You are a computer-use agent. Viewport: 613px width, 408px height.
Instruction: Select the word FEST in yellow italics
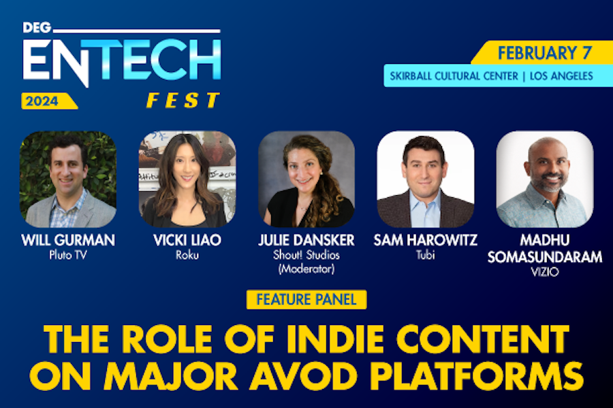click(x=183, y=101)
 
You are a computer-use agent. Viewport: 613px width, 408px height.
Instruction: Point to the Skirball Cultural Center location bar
click(x=489, y=75)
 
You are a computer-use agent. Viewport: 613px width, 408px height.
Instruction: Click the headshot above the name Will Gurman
click(x=68, y=179)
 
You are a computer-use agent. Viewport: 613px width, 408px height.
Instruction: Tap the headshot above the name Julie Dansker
click(x=306, y=179)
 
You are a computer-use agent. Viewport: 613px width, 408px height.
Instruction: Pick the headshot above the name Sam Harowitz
click(x=426, y=179)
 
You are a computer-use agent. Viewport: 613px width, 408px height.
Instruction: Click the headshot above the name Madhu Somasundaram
click(x=545, y=179)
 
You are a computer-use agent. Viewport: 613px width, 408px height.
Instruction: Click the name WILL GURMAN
click(x=68, y=241)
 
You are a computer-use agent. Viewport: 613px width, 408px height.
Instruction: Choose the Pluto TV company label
click(x=68, y=255)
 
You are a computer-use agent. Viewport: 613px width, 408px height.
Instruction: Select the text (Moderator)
click(x=306, y=269)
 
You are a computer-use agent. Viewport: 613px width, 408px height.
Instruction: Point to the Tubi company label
click(x=426, y=255)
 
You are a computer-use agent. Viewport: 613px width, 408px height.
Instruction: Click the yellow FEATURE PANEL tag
click(x=306, y=299)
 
